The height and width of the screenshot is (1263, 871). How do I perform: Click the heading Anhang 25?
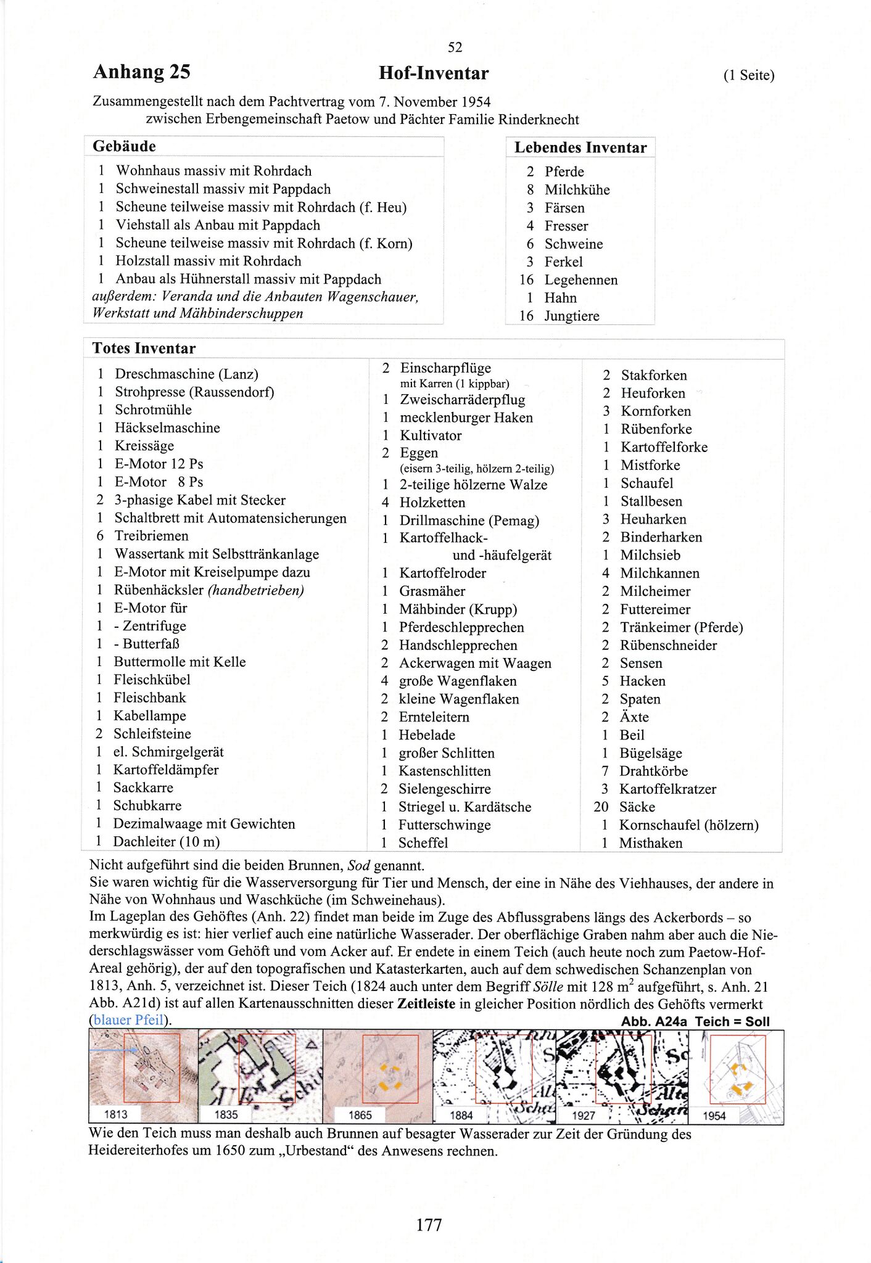point(141,72)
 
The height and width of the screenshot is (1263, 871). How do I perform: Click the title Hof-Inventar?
point(433,73)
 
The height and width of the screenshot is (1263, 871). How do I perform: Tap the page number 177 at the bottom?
point(429,1224)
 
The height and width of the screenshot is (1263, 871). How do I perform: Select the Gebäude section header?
point(124,146)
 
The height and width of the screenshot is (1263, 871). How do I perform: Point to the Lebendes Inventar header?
point(580,147)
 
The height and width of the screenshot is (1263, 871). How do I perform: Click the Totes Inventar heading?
point(144,348)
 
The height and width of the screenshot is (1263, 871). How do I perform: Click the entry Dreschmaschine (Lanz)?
point(186,374)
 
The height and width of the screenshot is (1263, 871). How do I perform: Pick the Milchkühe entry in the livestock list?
point(577,190)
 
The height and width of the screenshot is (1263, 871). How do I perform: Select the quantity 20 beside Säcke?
point(601,807)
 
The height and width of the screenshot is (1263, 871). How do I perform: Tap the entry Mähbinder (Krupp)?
point(458,609)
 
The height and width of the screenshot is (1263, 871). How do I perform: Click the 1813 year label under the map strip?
point(115,1114)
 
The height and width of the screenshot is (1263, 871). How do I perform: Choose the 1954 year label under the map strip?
point(714,1116)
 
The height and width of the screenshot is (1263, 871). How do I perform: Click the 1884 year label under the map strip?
point(461,1115)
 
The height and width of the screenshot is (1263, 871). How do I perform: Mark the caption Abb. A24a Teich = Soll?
point(695,1021)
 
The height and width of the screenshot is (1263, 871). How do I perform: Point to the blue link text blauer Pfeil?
point(128,1019)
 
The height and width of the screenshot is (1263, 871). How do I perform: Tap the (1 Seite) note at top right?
point(748,75)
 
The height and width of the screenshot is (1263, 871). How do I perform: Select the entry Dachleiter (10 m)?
point(166,841)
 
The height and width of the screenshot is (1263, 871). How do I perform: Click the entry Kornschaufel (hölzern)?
point(688,825)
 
